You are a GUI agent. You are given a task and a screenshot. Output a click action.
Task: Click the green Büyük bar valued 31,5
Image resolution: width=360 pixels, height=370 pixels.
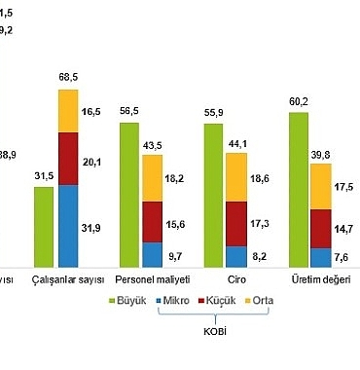[x=44, y=226]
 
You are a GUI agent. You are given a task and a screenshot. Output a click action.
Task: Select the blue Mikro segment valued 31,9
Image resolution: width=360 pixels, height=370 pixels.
[x=67, y=225]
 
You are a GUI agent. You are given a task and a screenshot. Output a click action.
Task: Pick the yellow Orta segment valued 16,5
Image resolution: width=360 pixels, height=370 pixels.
[x=67, y=111]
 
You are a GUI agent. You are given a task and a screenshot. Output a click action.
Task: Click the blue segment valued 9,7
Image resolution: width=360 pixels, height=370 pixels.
[x=152, y=253]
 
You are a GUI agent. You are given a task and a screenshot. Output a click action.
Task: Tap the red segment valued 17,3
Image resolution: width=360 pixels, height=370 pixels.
[x=237, y=223]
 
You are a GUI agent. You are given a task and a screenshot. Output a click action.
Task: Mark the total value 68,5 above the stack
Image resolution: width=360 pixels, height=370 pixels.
[x=68, y=78]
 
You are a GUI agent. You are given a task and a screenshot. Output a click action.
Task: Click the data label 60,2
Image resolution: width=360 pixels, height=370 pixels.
[x=300, y=101]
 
